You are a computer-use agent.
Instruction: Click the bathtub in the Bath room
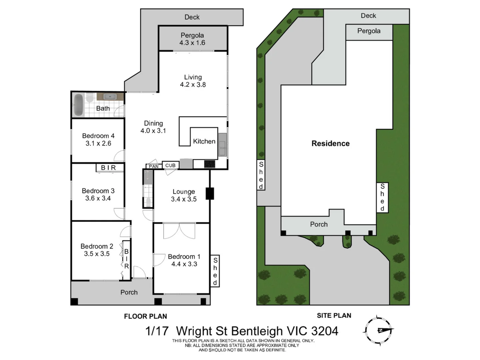[x=78, y=105]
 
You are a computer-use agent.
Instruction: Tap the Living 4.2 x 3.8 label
[x=193, y=81]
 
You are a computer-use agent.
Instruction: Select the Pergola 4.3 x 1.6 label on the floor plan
[x=192, y=39]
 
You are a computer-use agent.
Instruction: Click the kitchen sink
[x=222, y=145]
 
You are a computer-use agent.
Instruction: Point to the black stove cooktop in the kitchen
[x=210, y=164]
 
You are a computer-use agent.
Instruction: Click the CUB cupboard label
[x=170, y=165]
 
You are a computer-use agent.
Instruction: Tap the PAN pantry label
[x=154, y=166]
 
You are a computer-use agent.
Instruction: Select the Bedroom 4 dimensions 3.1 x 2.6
[x=98, y=143]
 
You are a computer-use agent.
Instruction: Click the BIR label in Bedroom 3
[x=109, y=168]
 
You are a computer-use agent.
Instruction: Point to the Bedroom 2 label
[x=97, y=246]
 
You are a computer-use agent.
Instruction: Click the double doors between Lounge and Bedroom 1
[x=179, y=231]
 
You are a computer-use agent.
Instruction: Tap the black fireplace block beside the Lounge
[x=210, y=194]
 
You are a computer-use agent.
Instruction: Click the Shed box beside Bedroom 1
[x=215, y=271]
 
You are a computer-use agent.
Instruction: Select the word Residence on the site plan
[x=330, y=144]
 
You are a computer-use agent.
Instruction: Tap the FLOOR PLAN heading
[x=145, y=316]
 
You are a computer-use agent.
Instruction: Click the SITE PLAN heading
[x=334, y=315]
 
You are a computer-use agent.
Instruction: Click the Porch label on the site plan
[x=319, y=224]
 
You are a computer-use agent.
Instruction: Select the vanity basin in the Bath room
[x=110, y=97]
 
